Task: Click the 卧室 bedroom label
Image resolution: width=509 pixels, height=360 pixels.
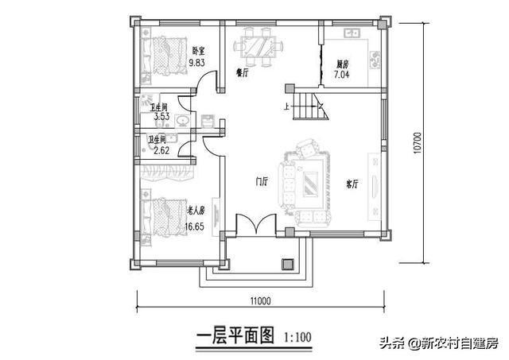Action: point(199,51)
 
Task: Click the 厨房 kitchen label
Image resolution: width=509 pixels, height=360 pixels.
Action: point(343,65)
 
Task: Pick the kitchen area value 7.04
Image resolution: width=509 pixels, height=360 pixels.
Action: point(343,75)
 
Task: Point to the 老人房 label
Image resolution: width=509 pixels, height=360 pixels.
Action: point(196,211)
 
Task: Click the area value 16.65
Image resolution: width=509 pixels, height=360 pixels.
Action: point(196,226)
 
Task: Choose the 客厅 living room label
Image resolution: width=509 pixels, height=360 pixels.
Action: point(352,184)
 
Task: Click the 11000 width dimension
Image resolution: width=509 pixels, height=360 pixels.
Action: point(259,300)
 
